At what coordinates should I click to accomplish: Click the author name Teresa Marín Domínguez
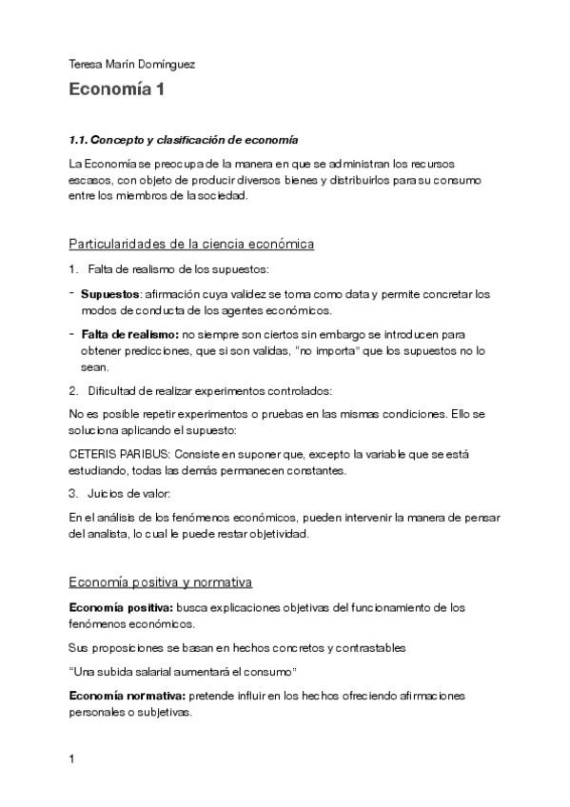point(132,65)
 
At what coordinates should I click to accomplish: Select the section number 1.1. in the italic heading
point(86,140)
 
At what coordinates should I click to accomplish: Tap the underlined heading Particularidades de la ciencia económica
point(191,244)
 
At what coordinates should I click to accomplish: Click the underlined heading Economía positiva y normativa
point(161,582)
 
